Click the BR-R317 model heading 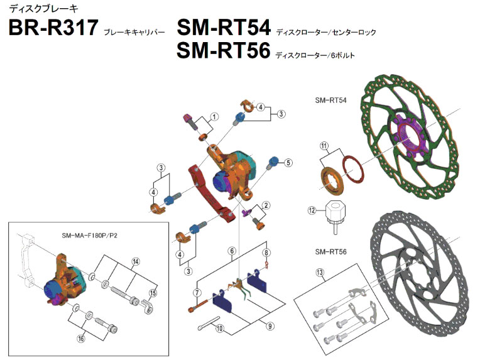click(53, 28)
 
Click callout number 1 click(214, 117)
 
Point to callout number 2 click(266, 205)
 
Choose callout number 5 click(288, 163)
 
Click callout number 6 click(232, 250)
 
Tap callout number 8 click(266, 253)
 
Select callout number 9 click(270, 326)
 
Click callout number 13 click(320, 272)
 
